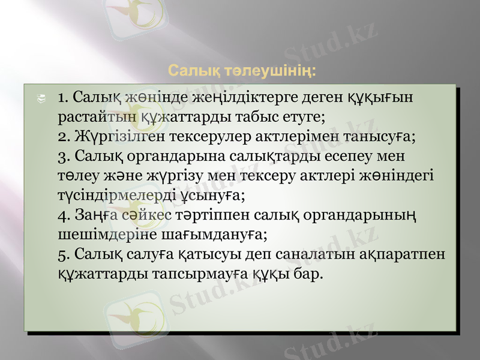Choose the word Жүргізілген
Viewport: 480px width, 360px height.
pyautogui.click(x=120, y=136)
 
